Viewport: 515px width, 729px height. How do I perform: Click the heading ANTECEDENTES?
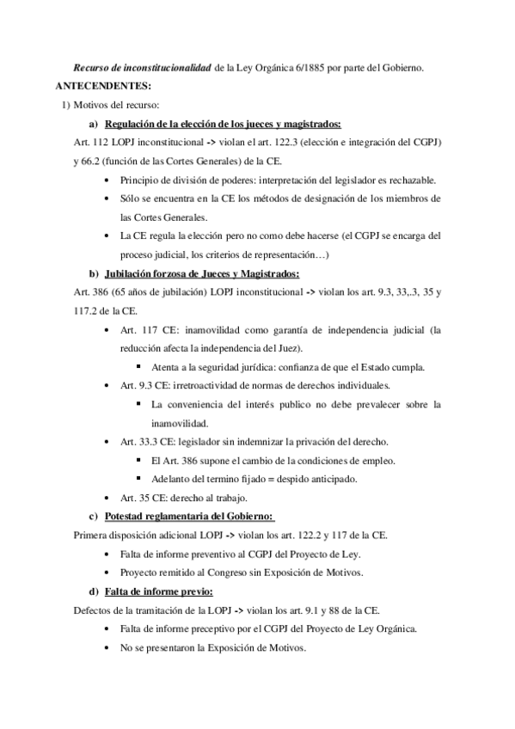[x=102, y=86]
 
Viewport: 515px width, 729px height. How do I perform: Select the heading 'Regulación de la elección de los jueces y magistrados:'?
[x=229, y=123]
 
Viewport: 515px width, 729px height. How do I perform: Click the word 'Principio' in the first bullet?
[x=143, y=180]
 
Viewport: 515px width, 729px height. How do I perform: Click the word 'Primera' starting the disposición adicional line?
[x=94, y=535]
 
